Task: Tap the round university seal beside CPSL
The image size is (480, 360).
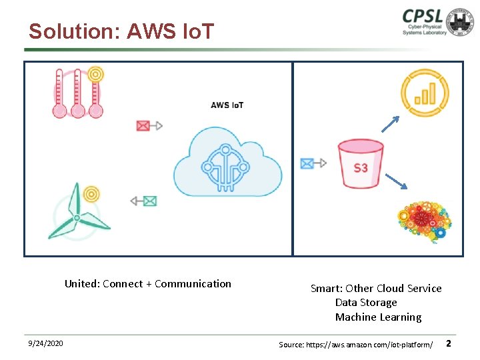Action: pos(461,23)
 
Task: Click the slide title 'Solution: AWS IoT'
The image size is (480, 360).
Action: pos(121,31)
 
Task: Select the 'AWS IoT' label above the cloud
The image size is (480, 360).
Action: pos(227,105)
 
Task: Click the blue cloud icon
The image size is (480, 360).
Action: pos(227,163)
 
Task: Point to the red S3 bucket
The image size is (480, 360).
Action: pos(360,164)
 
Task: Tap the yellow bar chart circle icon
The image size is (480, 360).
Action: pos(424,93)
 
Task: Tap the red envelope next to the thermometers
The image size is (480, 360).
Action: pos(143,125)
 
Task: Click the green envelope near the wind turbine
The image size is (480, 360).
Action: pos(150,201)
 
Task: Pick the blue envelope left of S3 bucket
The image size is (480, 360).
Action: pos(307,163)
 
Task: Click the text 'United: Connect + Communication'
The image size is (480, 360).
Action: pos(148,284)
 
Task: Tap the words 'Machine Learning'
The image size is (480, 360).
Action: pos(378,317)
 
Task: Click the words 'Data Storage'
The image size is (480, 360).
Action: pos(366,303)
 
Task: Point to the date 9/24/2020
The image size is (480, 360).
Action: pos(46,343)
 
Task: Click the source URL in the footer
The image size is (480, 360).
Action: pos(356,344)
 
